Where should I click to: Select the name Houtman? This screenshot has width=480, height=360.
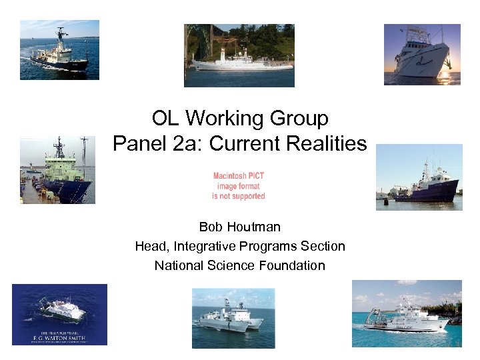[257, 227]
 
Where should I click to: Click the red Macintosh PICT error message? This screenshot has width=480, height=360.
[239, 186]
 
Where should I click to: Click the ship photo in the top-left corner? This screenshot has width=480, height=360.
[59, 50]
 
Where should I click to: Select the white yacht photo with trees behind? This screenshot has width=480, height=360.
[239, 55]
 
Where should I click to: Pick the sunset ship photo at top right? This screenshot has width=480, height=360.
[422, 54]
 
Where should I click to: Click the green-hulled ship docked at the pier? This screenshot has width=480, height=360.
[57, 170]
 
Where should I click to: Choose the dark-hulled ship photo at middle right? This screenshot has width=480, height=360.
[419, 177]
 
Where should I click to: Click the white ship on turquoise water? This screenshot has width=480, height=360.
[407, 313]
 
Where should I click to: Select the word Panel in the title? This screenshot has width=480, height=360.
[136, 143]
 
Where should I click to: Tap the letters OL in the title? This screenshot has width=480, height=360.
[166, 119]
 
